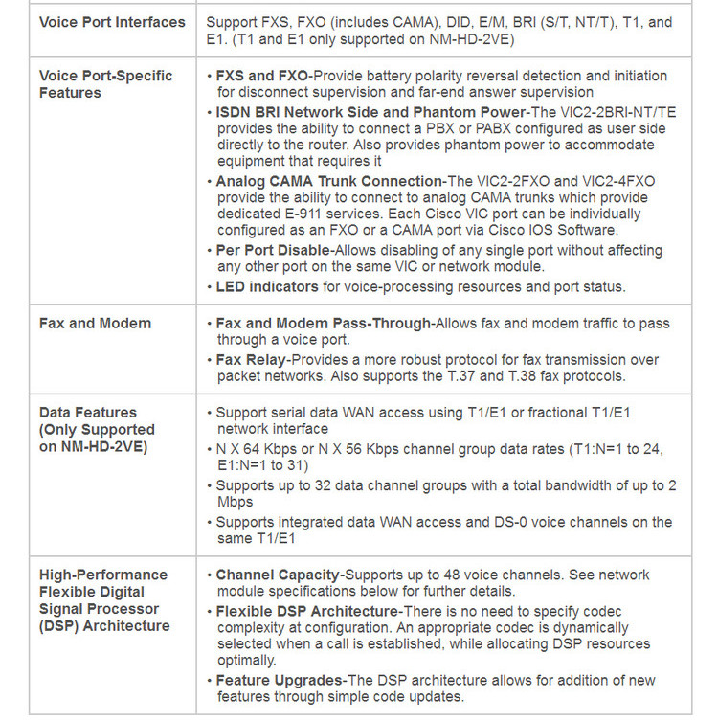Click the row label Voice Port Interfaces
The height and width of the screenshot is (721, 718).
112,22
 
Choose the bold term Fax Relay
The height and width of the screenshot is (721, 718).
250,359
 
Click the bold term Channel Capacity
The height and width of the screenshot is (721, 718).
278,575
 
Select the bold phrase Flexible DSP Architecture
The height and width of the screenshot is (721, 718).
306,611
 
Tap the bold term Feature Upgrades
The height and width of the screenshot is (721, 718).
280,680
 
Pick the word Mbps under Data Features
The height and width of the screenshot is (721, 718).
236,503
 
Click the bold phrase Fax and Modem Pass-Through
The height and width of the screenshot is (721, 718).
324,324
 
